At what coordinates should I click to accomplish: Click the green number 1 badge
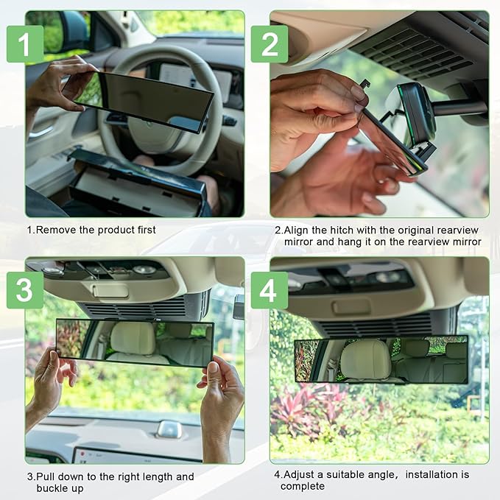25,44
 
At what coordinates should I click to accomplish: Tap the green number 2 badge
270,44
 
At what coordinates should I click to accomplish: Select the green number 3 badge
25,290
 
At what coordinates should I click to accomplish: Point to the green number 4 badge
270,290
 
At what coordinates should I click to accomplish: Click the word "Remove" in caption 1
56,230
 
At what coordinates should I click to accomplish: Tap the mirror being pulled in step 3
135,342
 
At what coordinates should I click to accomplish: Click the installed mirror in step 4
381,360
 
